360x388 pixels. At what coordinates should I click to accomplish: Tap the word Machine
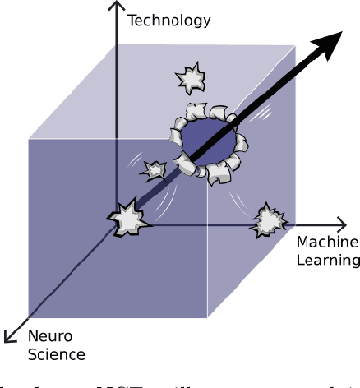coord(327,243)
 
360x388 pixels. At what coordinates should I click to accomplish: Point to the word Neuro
coord(50,337)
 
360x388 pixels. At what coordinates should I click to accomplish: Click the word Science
coord(56,354)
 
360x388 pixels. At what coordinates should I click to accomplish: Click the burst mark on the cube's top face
coord(192,78)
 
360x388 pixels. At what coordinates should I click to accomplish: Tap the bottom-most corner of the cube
coord(208,317)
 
